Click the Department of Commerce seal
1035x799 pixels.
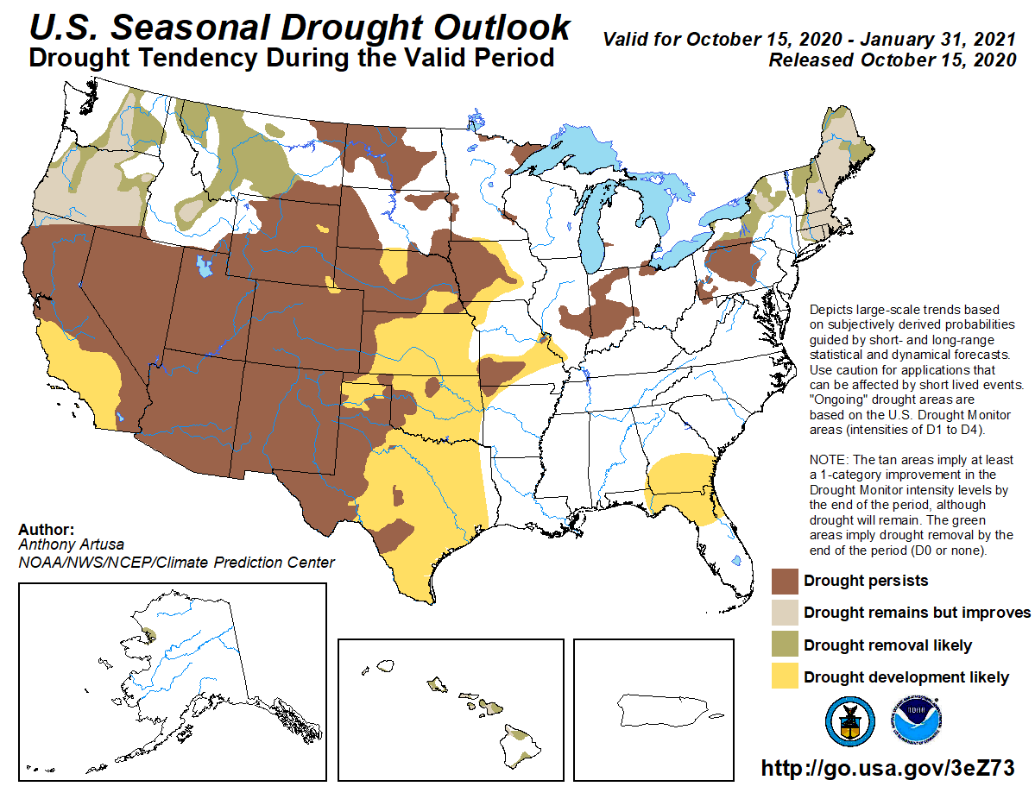(x=850, y=720)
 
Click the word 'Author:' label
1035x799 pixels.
(x=46, y=530)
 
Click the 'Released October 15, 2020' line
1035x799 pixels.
(x=892, y=60)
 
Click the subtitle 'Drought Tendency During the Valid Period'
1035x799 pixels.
(x=292, y=59)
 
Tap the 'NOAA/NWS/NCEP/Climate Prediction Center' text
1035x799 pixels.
(x=176, y=563)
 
